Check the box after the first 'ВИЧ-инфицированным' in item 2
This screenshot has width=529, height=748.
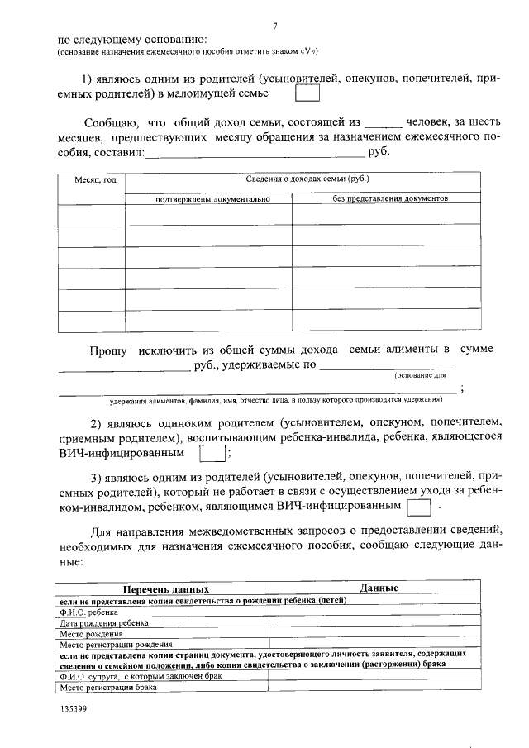(x=212, y=454)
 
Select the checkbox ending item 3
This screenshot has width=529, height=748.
(x=420, y=504)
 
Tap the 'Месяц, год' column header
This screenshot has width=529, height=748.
(x=92, y=180)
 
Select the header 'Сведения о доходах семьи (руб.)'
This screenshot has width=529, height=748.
(x=307, y=179)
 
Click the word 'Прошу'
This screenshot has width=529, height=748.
(x=108, y=351)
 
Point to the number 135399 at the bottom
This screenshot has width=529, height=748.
(x=74, y=709)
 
